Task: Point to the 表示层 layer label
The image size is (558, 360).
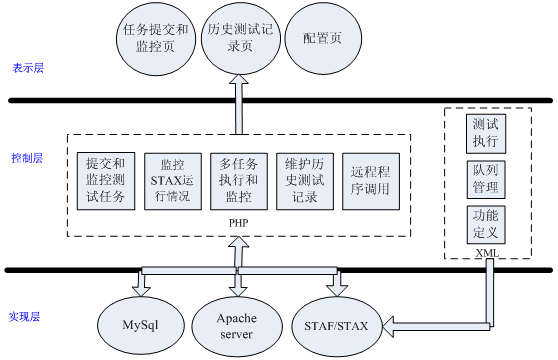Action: tap(28, 69)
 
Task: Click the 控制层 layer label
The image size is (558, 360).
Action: tap(28, 159)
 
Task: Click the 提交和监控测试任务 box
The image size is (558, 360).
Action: tap(106, 180)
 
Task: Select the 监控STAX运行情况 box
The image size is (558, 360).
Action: tap(172, 180)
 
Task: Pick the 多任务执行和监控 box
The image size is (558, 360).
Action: tap(238, 180)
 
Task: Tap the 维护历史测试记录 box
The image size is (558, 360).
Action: tap(304, 180)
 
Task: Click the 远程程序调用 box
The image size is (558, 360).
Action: tap(370, 180)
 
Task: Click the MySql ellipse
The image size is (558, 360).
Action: tap(141, 325)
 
